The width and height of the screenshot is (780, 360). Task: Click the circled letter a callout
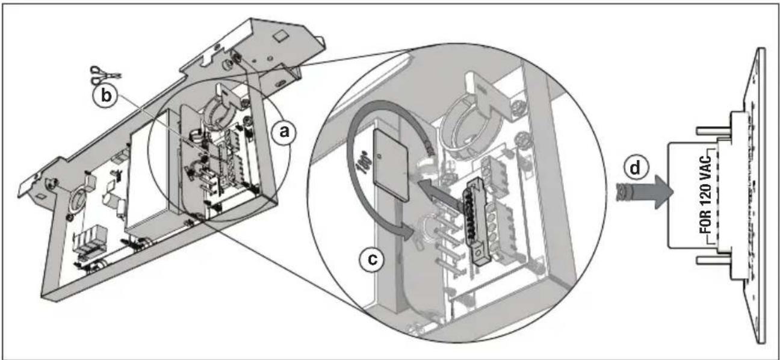(x=285, y=132)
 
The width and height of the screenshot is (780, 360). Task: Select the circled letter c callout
(x=372, y=259)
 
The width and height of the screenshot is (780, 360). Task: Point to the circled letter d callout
(x=636, y=168)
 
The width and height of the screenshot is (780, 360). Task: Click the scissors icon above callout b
(x=105, y=74)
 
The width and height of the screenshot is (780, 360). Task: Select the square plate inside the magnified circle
(x=391, y=165)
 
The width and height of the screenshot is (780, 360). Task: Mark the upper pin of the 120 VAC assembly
(x=713, y=131)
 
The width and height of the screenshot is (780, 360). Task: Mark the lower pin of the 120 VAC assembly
(x=713, y=259)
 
